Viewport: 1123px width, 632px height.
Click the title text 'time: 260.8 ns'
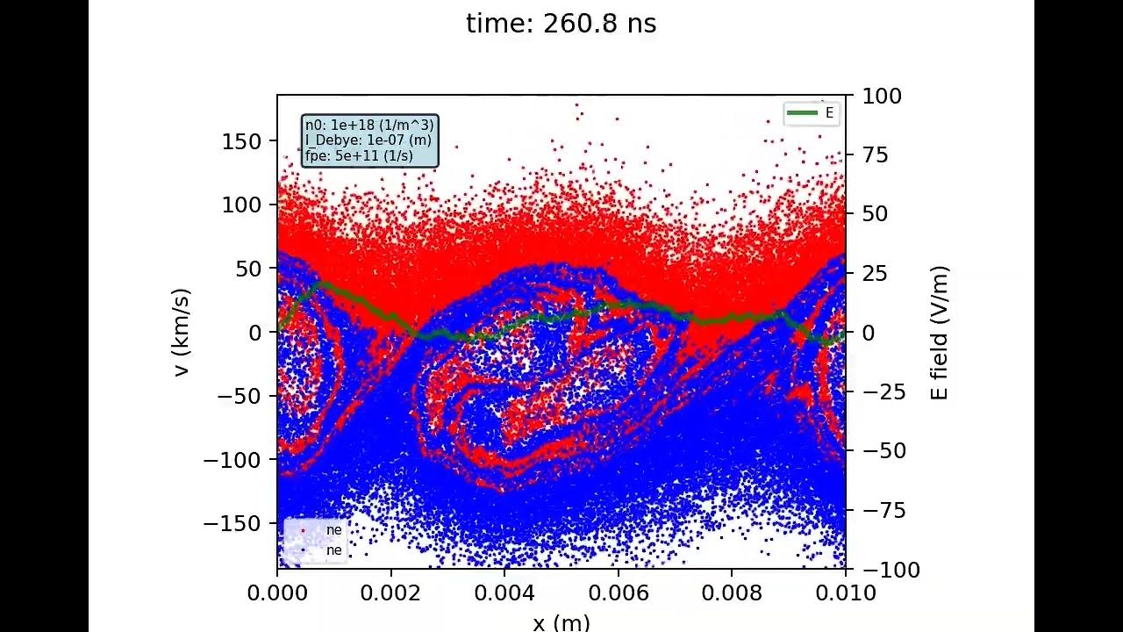pos(561,24)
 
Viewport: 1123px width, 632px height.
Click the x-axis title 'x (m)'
pos(561,622)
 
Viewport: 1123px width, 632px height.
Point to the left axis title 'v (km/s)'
pos(182,333)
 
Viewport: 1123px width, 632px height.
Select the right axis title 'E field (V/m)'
pos(940,333)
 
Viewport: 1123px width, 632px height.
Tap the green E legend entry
pos(811,112)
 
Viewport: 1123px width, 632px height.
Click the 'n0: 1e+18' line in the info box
pos(369,126)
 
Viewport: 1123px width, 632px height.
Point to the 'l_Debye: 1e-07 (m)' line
pos(368,140)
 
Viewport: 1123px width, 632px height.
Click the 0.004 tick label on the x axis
pos(504,593)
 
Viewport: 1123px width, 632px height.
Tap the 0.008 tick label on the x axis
pos(732,593)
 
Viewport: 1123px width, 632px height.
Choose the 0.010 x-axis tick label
pos(845,593)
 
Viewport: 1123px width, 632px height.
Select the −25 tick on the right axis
pos(879,391)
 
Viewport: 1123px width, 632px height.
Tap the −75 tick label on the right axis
pos(879,511)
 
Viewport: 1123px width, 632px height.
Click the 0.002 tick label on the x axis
pos(390,593)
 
